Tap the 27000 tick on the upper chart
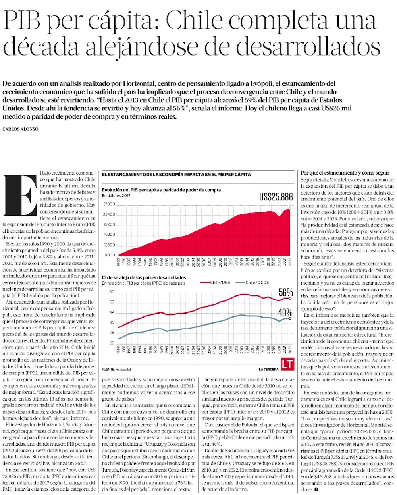pyautogui.click(x=109, y=204)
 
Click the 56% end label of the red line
pyautogui.click(x=285, y=292)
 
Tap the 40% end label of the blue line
pyautogui.click(x=285, y=312)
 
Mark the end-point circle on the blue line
pyautogui.click(x=290, y=318)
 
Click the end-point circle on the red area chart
pyautogui.click(x=290, y=208)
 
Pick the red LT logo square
pyautogui.click(x=287, y=364)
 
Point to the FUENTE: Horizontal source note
pyautogui.click(x=116, y=369)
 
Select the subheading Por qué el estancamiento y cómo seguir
pyautogui.click(x=345, y=173)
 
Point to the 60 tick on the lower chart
pyautogui.click(x=112, y=292)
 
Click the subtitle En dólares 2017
pyautogui.click(x=116, y=195)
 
